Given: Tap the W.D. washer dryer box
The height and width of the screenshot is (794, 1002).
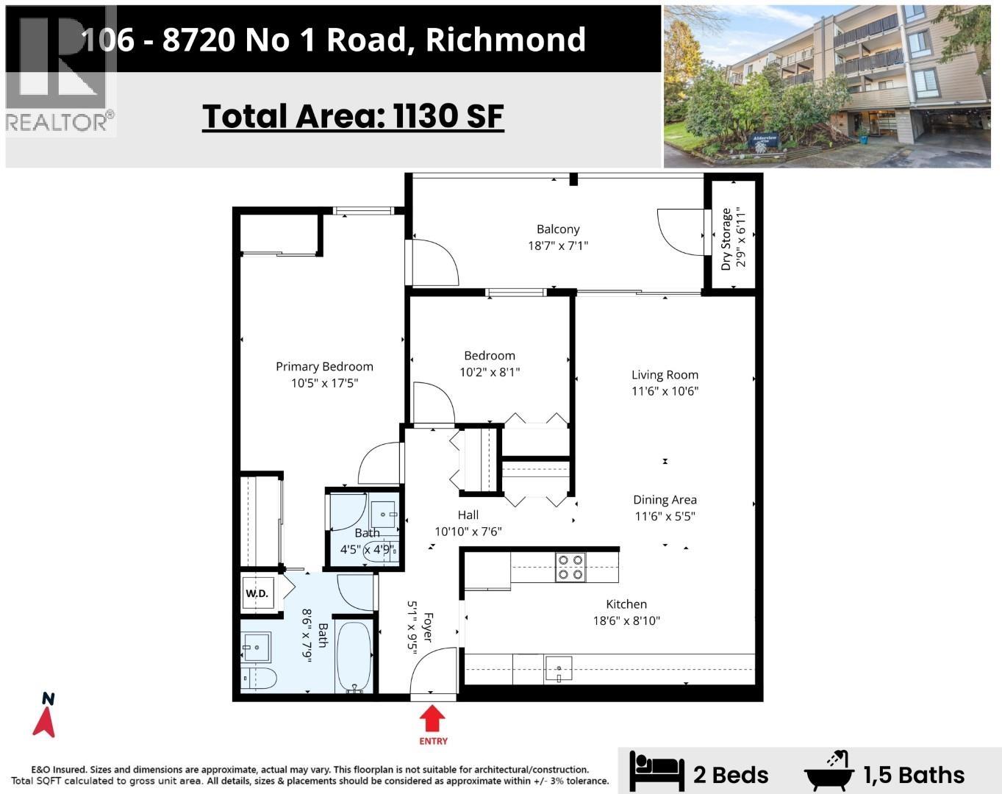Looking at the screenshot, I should coord(257,593).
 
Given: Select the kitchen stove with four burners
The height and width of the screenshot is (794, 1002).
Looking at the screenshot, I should coord(570,566).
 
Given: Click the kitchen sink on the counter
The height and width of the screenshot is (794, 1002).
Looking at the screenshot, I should coord(559,669).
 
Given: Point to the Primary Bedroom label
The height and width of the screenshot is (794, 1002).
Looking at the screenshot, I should coord(324,366).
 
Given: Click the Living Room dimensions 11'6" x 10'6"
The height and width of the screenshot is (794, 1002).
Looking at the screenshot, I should coord(665,391).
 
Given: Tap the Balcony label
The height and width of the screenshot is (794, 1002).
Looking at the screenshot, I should coord(558,229).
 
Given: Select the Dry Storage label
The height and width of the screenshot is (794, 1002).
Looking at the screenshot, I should coord(726,239).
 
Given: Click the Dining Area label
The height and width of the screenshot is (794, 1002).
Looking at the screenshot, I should coord(665,500).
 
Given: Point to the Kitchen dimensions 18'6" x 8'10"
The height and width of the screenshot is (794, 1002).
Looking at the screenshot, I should coord(626,620).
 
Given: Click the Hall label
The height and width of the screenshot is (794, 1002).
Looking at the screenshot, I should coord(468,515).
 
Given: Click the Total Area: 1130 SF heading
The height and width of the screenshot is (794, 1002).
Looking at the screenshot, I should coord(353,116).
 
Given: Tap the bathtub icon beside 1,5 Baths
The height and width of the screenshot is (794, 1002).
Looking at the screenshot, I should coord(830,771).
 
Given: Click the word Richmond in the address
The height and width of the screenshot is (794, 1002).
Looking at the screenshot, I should coord(506,39).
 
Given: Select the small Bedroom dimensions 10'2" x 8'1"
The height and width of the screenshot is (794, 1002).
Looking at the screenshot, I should coord(490,372).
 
